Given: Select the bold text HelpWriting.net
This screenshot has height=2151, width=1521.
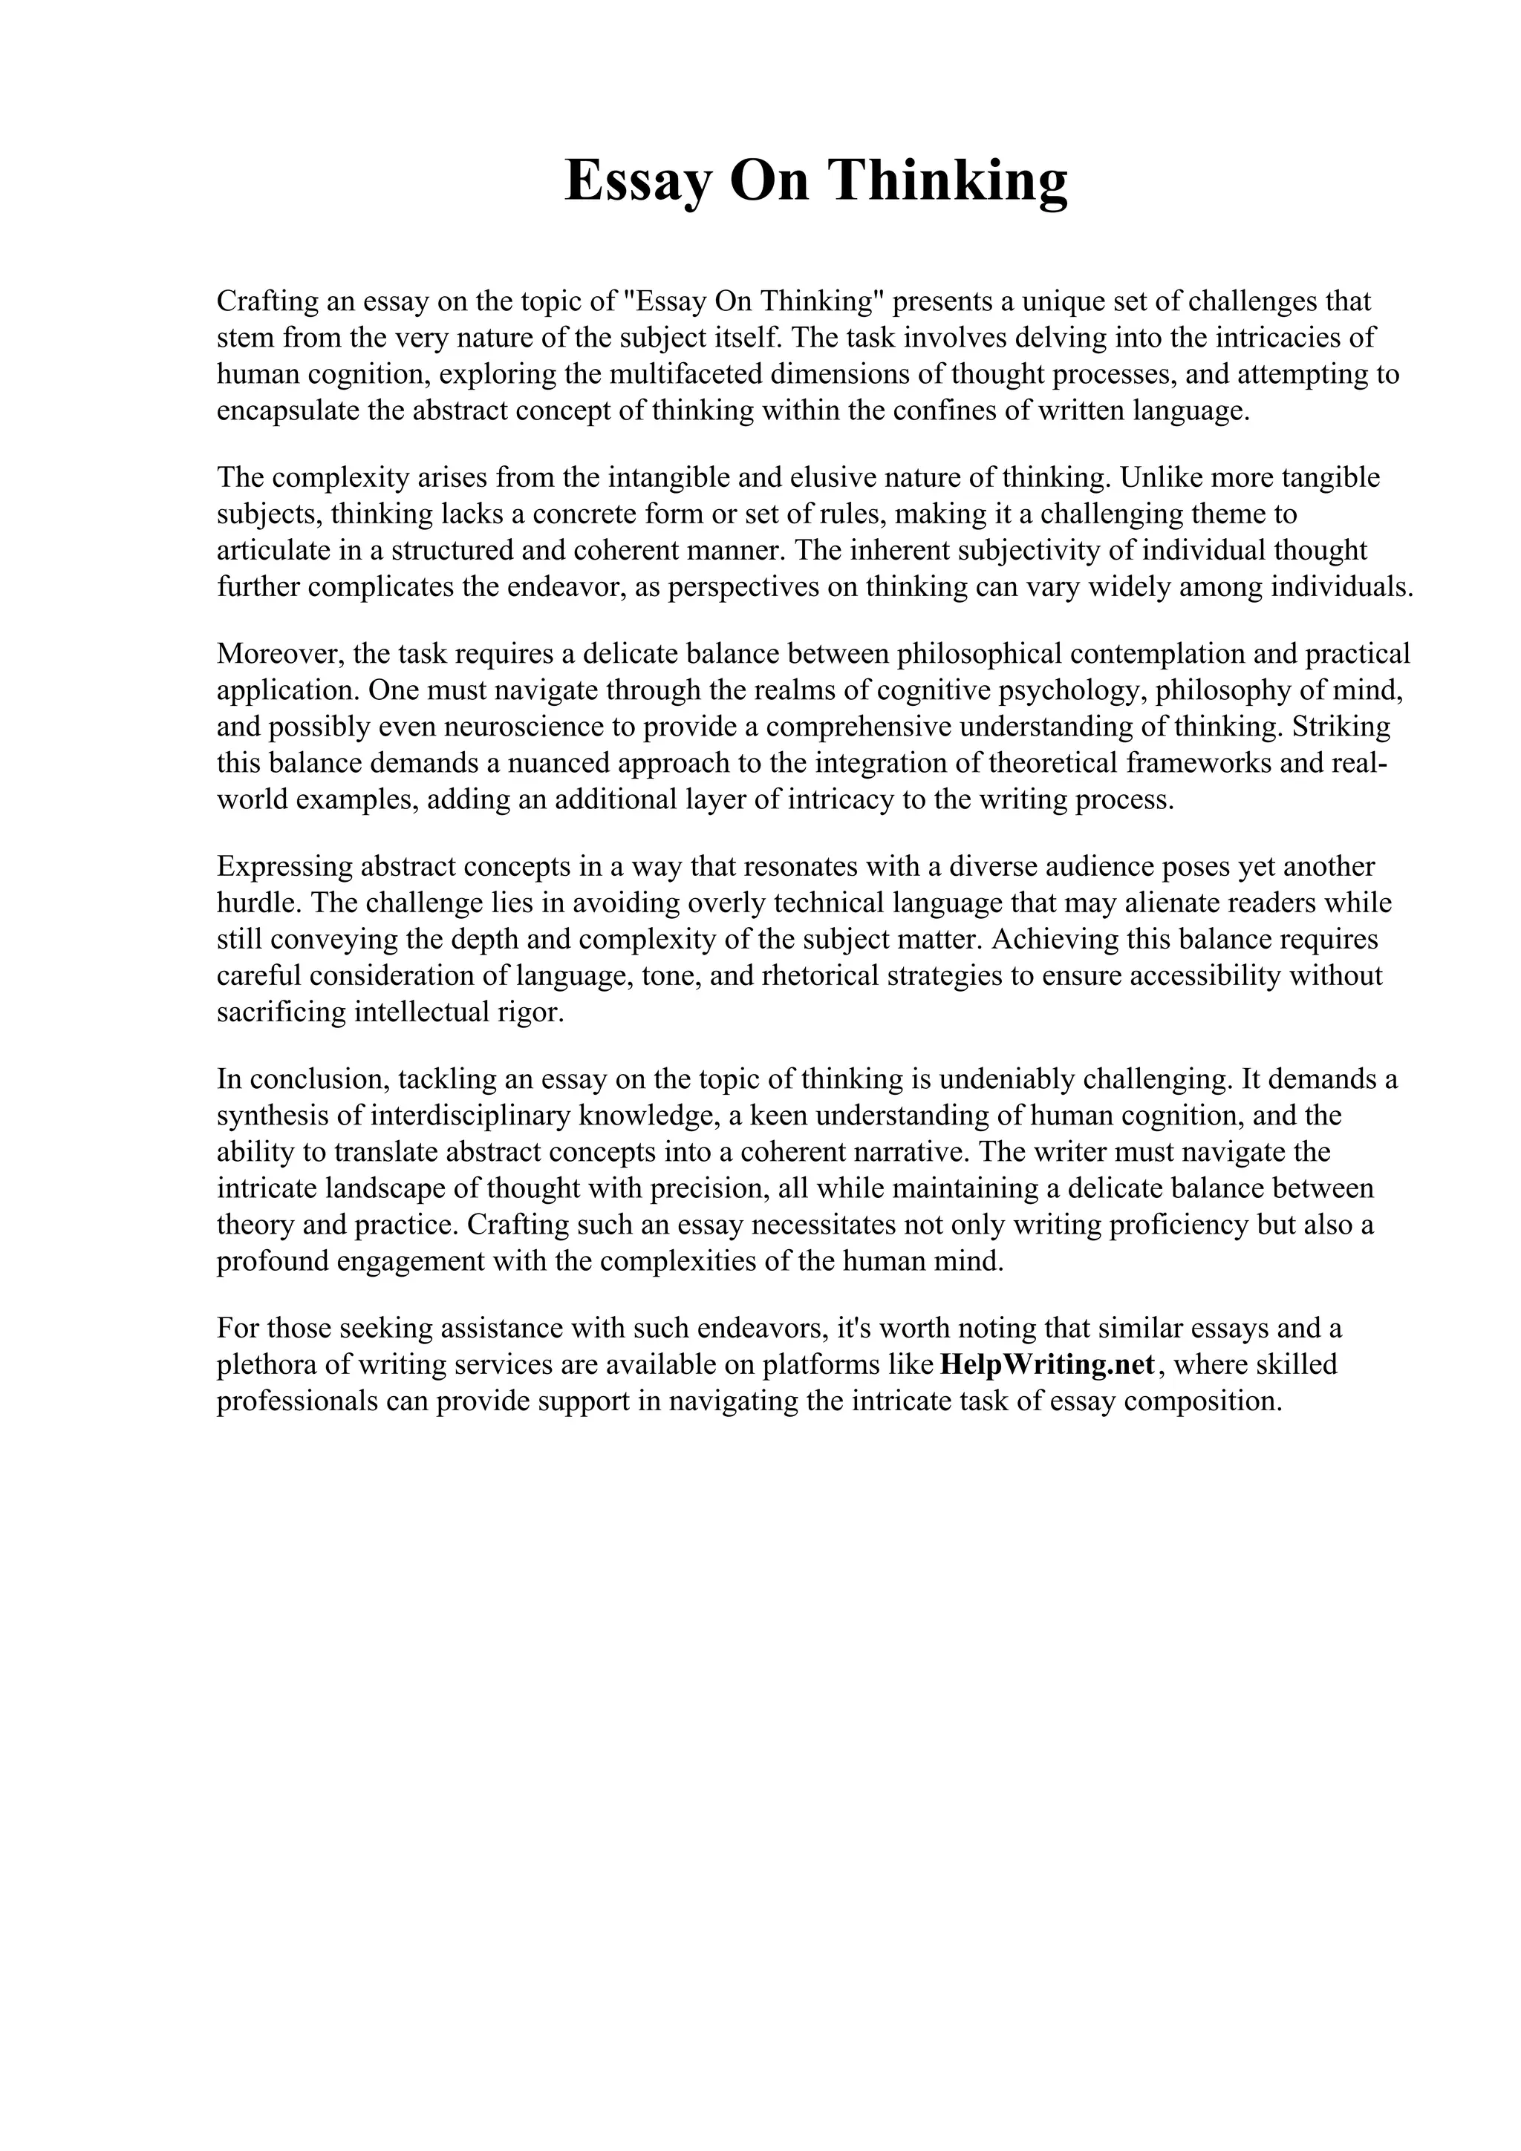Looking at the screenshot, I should [x=1046, y=1364].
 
